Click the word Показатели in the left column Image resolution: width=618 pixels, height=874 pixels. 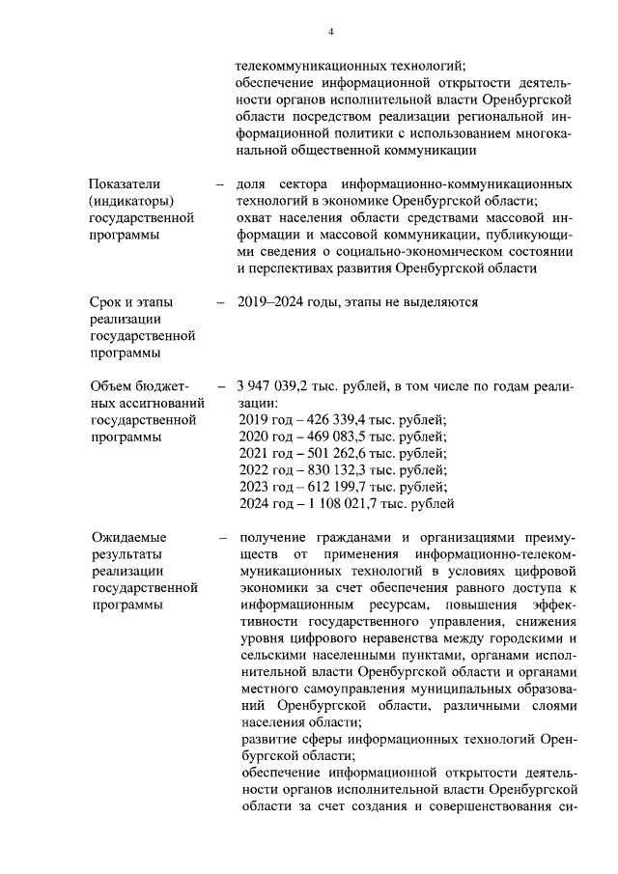124,183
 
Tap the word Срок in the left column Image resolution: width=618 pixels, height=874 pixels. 105,302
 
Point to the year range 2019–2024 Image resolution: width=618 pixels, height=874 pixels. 272,302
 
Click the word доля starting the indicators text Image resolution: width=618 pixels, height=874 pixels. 252,183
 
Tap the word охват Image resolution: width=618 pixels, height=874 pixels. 256,217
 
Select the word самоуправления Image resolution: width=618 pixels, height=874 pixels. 346,690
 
